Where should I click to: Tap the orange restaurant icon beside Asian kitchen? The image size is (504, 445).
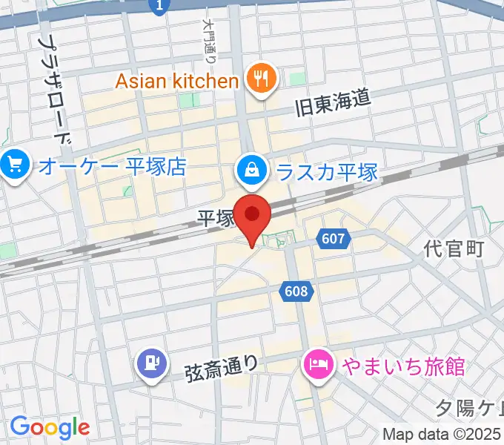pyautogui.click(x=260, y=79)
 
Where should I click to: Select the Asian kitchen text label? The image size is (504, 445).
pyautogui.click(x=176, y=80)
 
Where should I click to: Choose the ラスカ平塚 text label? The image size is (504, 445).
pyautogui.click(x=326, y=172)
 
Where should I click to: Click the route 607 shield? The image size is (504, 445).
pyautogui.click(x=333, y=238)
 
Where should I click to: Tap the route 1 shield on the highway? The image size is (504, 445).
pyautogui.click(x=157, y=7)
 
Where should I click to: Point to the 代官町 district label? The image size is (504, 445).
pyautogui.click(x=455, y=248)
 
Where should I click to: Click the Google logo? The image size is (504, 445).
pyautogui.click(x=50, y=427)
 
